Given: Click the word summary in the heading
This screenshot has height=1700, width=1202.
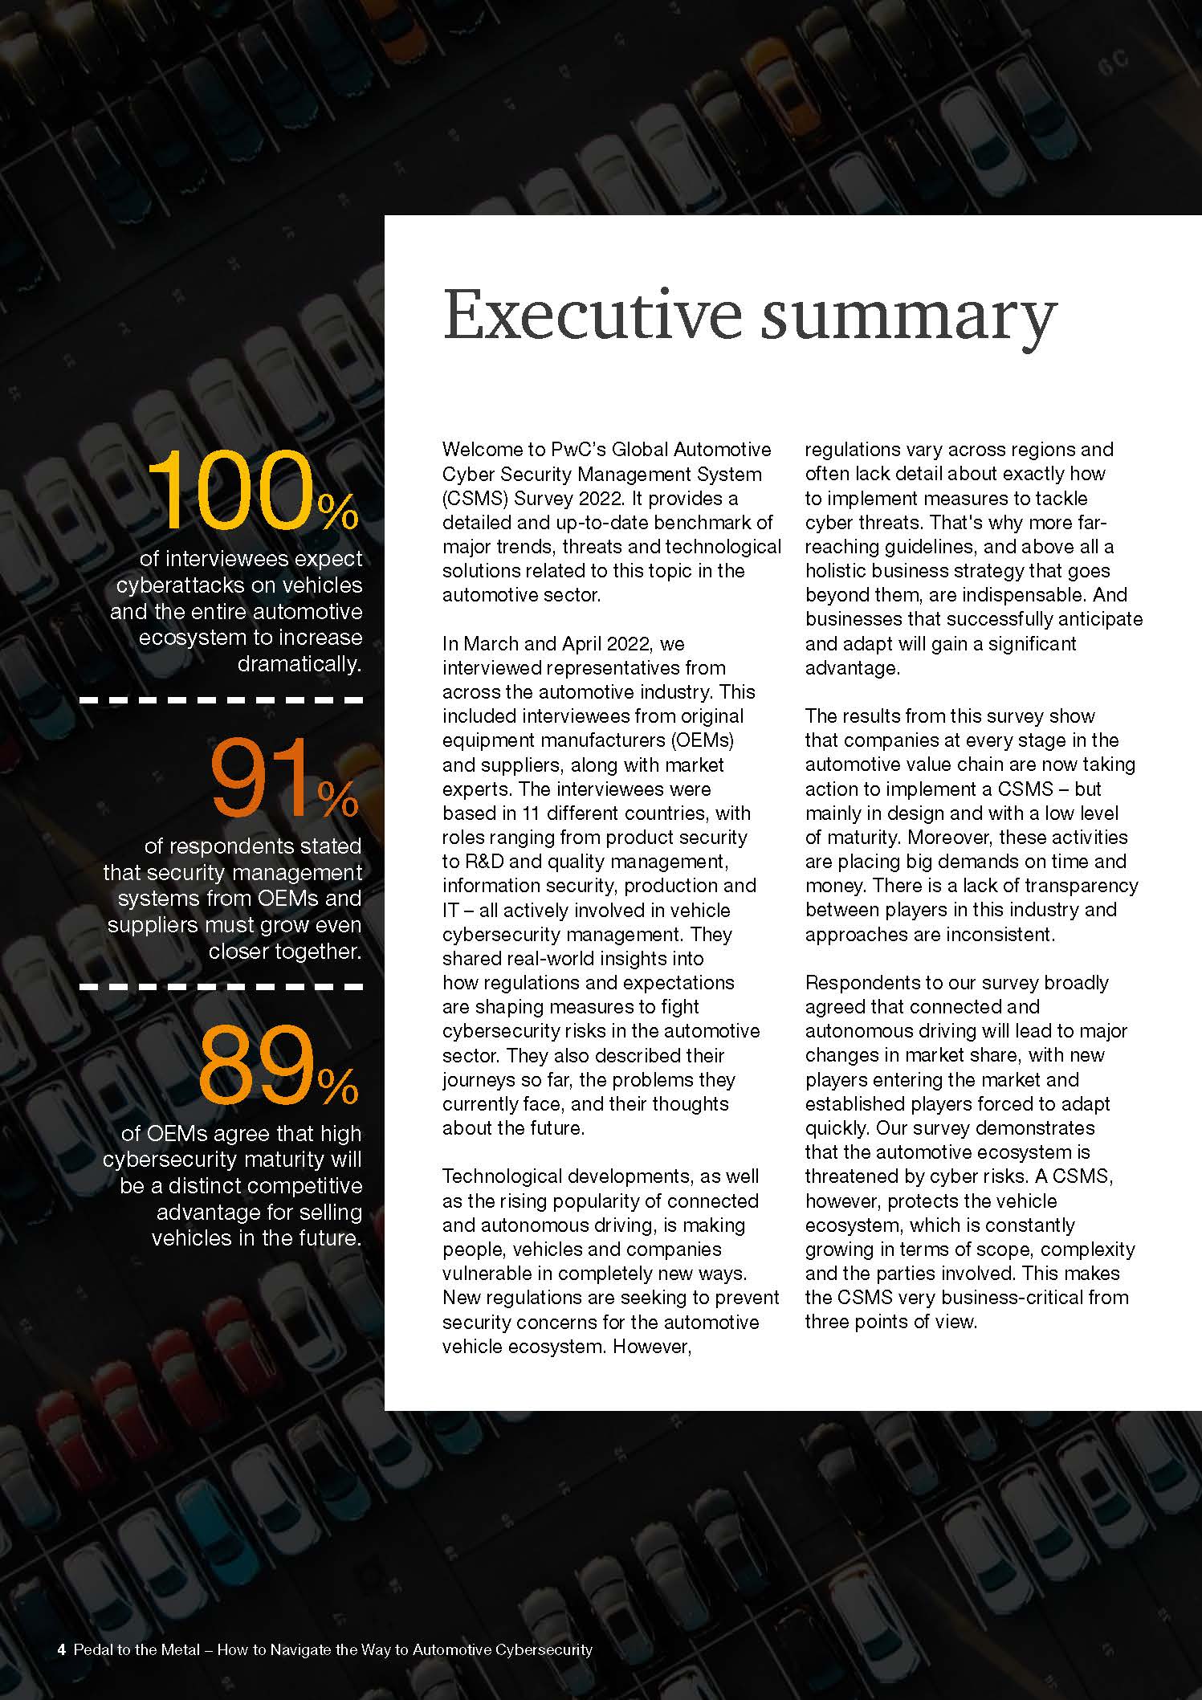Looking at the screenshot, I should (908, 317).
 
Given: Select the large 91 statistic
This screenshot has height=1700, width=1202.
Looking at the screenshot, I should (261, 778).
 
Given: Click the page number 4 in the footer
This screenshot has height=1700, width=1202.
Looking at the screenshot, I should (61, 1650).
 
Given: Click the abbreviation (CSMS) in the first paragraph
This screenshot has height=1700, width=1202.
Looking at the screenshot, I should (473, 498).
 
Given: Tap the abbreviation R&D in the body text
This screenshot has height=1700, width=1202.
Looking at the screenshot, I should (483, 862).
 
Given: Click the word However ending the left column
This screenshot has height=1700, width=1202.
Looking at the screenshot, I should (651, 1346).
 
